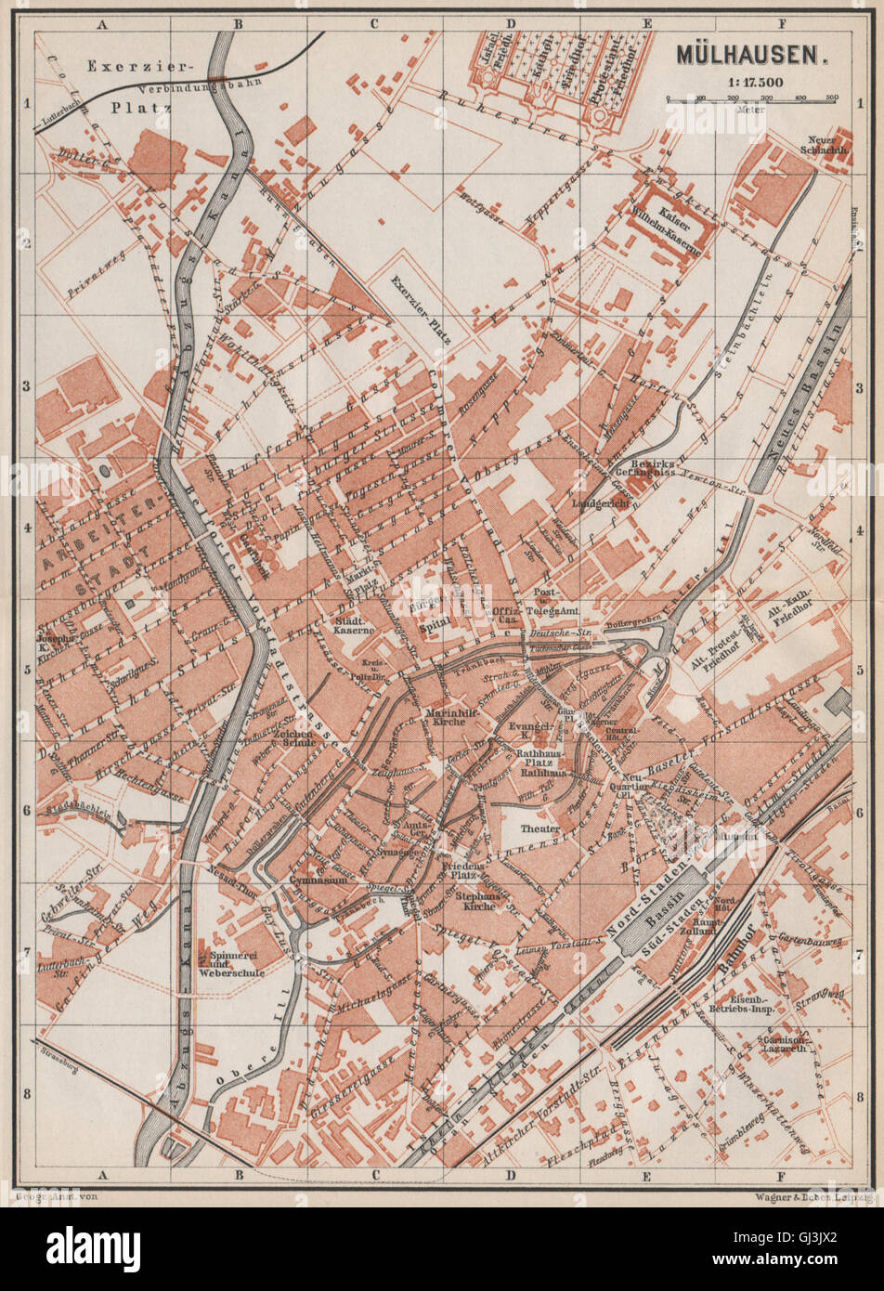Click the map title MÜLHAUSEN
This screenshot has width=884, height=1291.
coord(750,54)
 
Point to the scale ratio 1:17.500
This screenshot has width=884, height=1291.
coord(750,82)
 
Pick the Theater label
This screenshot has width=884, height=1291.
coord(539,828)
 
